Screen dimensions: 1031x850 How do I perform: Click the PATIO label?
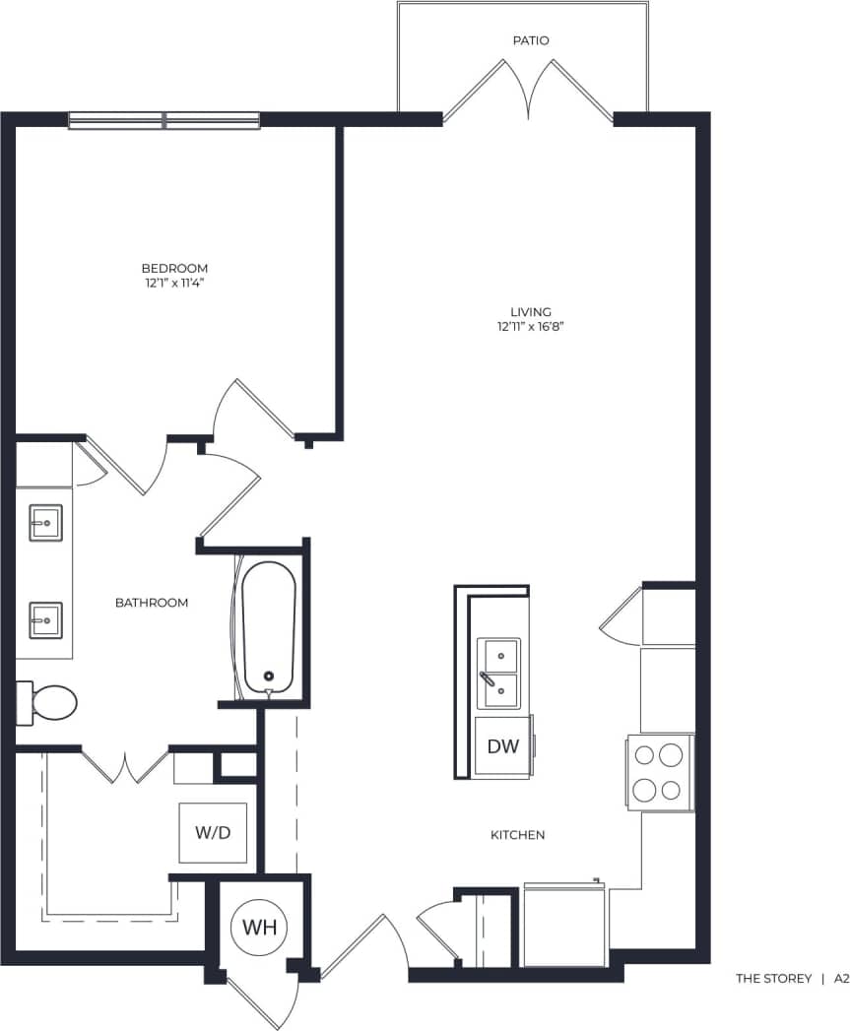click(x=530, y=40)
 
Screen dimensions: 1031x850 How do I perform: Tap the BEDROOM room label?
click(x=174, y=268)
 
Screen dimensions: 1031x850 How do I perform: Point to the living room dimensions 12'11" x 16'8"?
click(x=530, y=326)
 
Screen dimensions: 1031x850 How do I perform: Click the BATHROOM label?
click(x=151, y=603)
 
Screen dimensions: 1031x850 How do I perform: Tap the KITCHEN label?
click(x=517, y=835)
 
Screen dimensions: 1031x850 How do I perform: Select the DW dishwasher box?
click(x=502, y=745)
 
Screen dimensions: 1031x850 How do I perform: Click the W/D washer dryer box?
click(x=213, y=833)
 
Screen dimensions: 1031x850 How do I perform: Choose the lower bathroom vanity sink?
click(x=45, y=620)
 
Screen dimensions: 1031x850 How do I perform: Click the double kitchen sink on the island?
click(x=498, y=674)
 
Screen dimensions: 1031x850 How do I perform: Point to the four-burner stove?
click(x=659, y=772)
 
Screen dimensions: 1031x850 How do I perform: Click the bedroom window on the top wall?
click(x=163, y=120)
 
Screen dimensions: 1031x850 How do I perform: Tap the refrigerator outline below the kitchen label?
click(x=565, y=925)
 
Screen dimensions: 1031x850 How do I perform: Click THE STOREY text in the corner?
click(x=774, y=979)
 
